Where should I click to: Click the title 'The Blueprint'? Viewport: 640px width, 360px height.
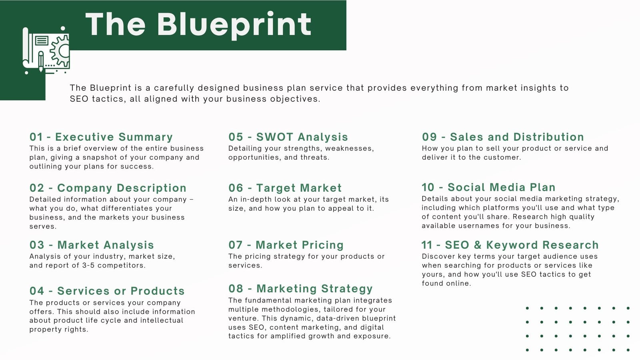[198, 25]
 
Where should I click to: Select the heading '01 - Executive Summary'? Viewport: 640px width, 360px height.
[101, 137]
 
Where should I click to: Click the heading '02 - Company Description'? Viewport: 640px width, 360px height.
[108, 188]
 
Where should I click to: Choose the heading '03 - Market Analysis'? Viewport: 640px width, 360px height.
[92, 245]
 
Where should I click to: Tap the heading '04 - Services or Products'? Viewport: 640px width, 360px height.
[107, 291]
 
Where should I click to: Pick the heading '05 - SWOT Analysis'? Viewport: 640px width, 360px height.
[288, 137]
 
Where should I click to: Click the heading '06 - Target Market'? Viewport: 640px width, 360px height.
[285, 188]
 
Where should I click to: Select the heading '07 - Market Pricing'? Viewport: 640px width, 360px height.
[286, 245]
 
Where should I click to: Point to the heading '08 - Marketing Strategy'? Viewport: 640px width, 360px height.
[300, 288]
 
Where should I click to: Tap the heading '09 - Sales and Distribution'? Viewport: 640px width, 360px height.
[503, 137]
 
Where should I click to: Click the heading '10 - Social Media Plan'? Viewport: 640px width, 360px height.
[488, 188]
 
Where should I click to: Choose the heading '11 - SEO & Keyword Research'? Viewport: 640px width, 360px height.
[510, 245]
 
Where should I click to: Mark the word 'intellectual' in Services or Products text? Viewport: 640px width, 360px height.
[162, 320]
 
